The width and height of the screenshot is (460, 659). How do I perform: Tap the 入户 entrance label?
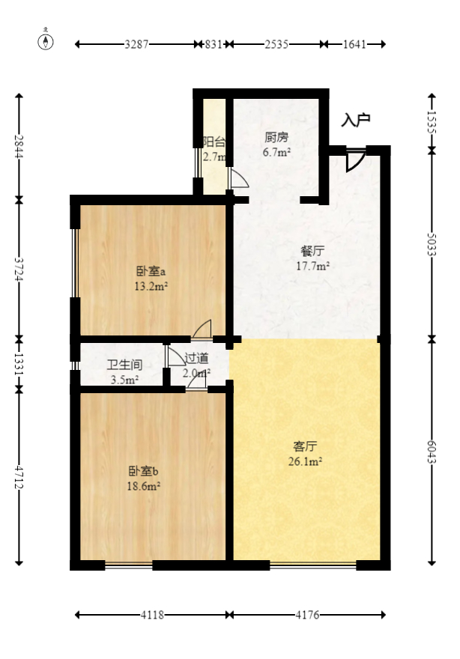356,119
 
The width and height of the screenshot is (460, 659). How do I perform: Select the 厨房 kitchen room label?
276,138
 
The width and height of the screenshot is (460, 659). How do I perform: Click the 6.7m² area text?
276,152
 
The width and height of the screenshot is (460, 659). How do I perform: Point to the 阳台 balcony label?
214,142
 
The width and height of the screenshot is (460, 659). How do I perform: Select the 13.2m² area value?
151,286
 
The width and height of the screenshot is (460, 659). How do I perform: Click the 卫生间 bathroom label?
124,365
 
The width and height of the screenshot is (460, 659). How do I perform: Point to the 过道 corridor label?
196,359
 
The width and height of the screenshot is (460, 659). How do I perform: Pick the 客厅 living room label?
304,446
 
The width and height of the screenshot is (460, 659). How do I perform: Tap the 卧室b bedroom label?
144,472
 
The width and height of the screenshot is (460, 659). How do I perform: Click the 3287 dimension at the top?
138,44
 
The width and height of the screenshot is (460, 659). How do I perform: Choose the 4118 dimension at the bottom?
152,616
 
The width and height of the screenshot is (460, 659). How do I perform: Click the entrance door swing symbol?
354,160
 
